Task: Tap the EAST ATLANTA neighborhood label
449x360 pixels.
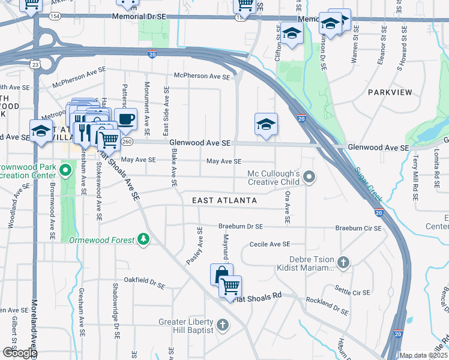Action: [224, 200]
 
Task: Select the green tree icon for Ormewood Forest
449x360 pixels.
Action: [143, 239]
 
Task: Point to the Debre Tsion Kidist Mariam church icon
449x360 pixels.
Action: [343, 262]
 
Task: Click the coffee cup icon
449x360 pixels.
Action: [125, 119]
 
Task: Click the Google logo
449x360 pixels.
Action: [19, 353]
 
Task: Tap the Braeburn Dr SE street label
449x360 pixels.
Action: [241, 227]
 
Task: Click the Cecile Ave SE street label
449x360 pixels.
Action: [270, 244]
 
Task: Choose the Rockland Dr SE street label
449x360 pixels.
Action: [327, 306]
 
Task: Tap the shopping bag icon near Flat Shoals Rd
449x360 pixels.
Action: [221, 275]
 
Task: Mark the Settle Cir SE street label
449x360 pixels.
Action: [353, 292]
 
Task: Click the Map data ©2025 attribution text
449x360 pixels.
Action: [423, 355]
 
